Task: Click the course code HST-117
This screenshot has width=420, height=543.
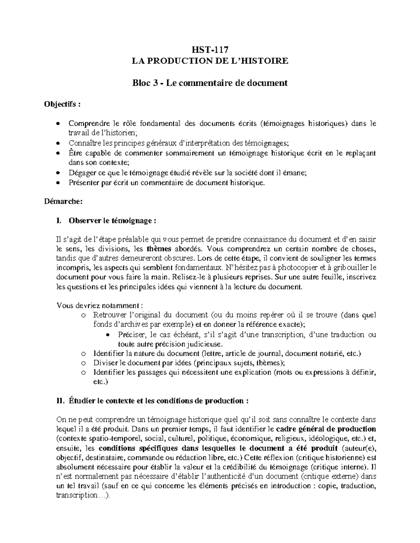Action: point(210,50)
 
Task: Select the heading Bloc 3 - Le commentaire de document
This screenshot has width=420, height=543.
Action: point(210,83)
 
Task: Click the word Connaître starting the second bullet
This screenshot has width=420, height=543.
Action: point(81,143)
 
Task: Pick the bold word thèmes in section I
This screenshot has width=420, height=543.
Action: point(159,249)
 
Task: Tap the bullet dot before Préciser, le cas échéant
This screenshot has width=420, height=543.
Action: point(108,335)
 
